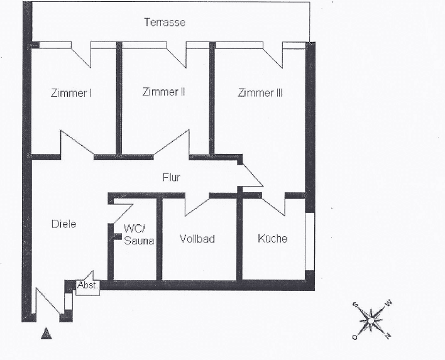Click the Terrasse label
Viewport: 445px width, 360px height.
pos(164,23)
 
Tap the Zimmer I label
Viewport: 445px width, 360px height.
pos(72,93)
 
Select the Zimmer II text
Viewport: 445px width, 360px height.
pos(163,92)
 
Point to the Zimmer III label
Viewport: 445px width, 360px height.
pos(260,93)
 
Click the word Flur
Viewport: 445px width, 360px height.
pos(171,178)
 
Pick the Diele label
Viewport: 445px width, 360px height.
pos(63,224)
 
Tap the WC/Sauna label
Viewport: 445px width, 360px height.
pos(138,234)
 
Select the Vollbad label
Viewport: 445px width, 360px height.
pos(197,239)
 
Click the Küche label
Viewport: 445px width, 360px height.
pos(273,238)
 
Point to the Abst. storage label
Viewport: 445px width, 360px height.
pos(85,285)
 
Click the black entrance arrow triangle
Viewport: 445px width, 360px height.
pos(45,334)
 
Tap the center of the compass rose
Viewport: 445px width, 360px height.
pos(371,320)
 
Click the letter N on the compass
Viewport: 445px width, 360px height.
pos(388,336)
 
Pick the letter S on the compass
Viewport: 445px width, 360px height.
pos(355,305)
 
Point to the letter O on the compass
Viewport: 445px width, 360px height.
pos(354,337)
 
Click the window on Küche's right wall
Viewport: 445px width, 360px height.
pos(309,242)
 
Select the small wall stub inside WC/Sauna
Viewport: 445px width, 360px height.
pos(117,237)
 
